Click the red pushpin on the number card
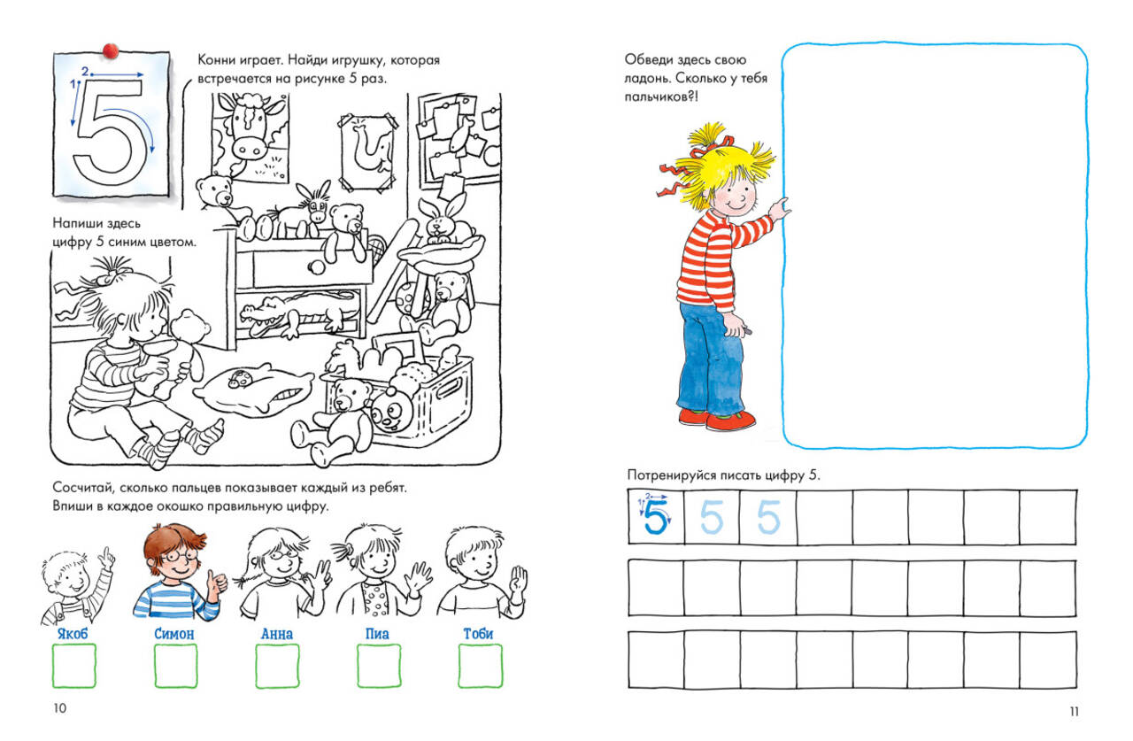111,50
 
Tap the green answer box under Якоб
73,666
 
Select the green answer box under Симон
175,666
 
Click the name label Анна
277,634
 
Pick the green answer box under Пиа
379,666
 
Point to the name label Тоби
478,633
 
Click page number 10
59,708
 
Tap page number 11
1075,712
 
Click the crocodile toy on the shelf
298,313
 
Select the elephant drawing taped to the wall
367,152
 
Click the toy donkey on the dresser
303,212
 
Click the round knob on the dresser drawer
317,266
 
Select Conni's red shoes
717,419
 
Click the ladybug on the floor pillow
238,378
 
